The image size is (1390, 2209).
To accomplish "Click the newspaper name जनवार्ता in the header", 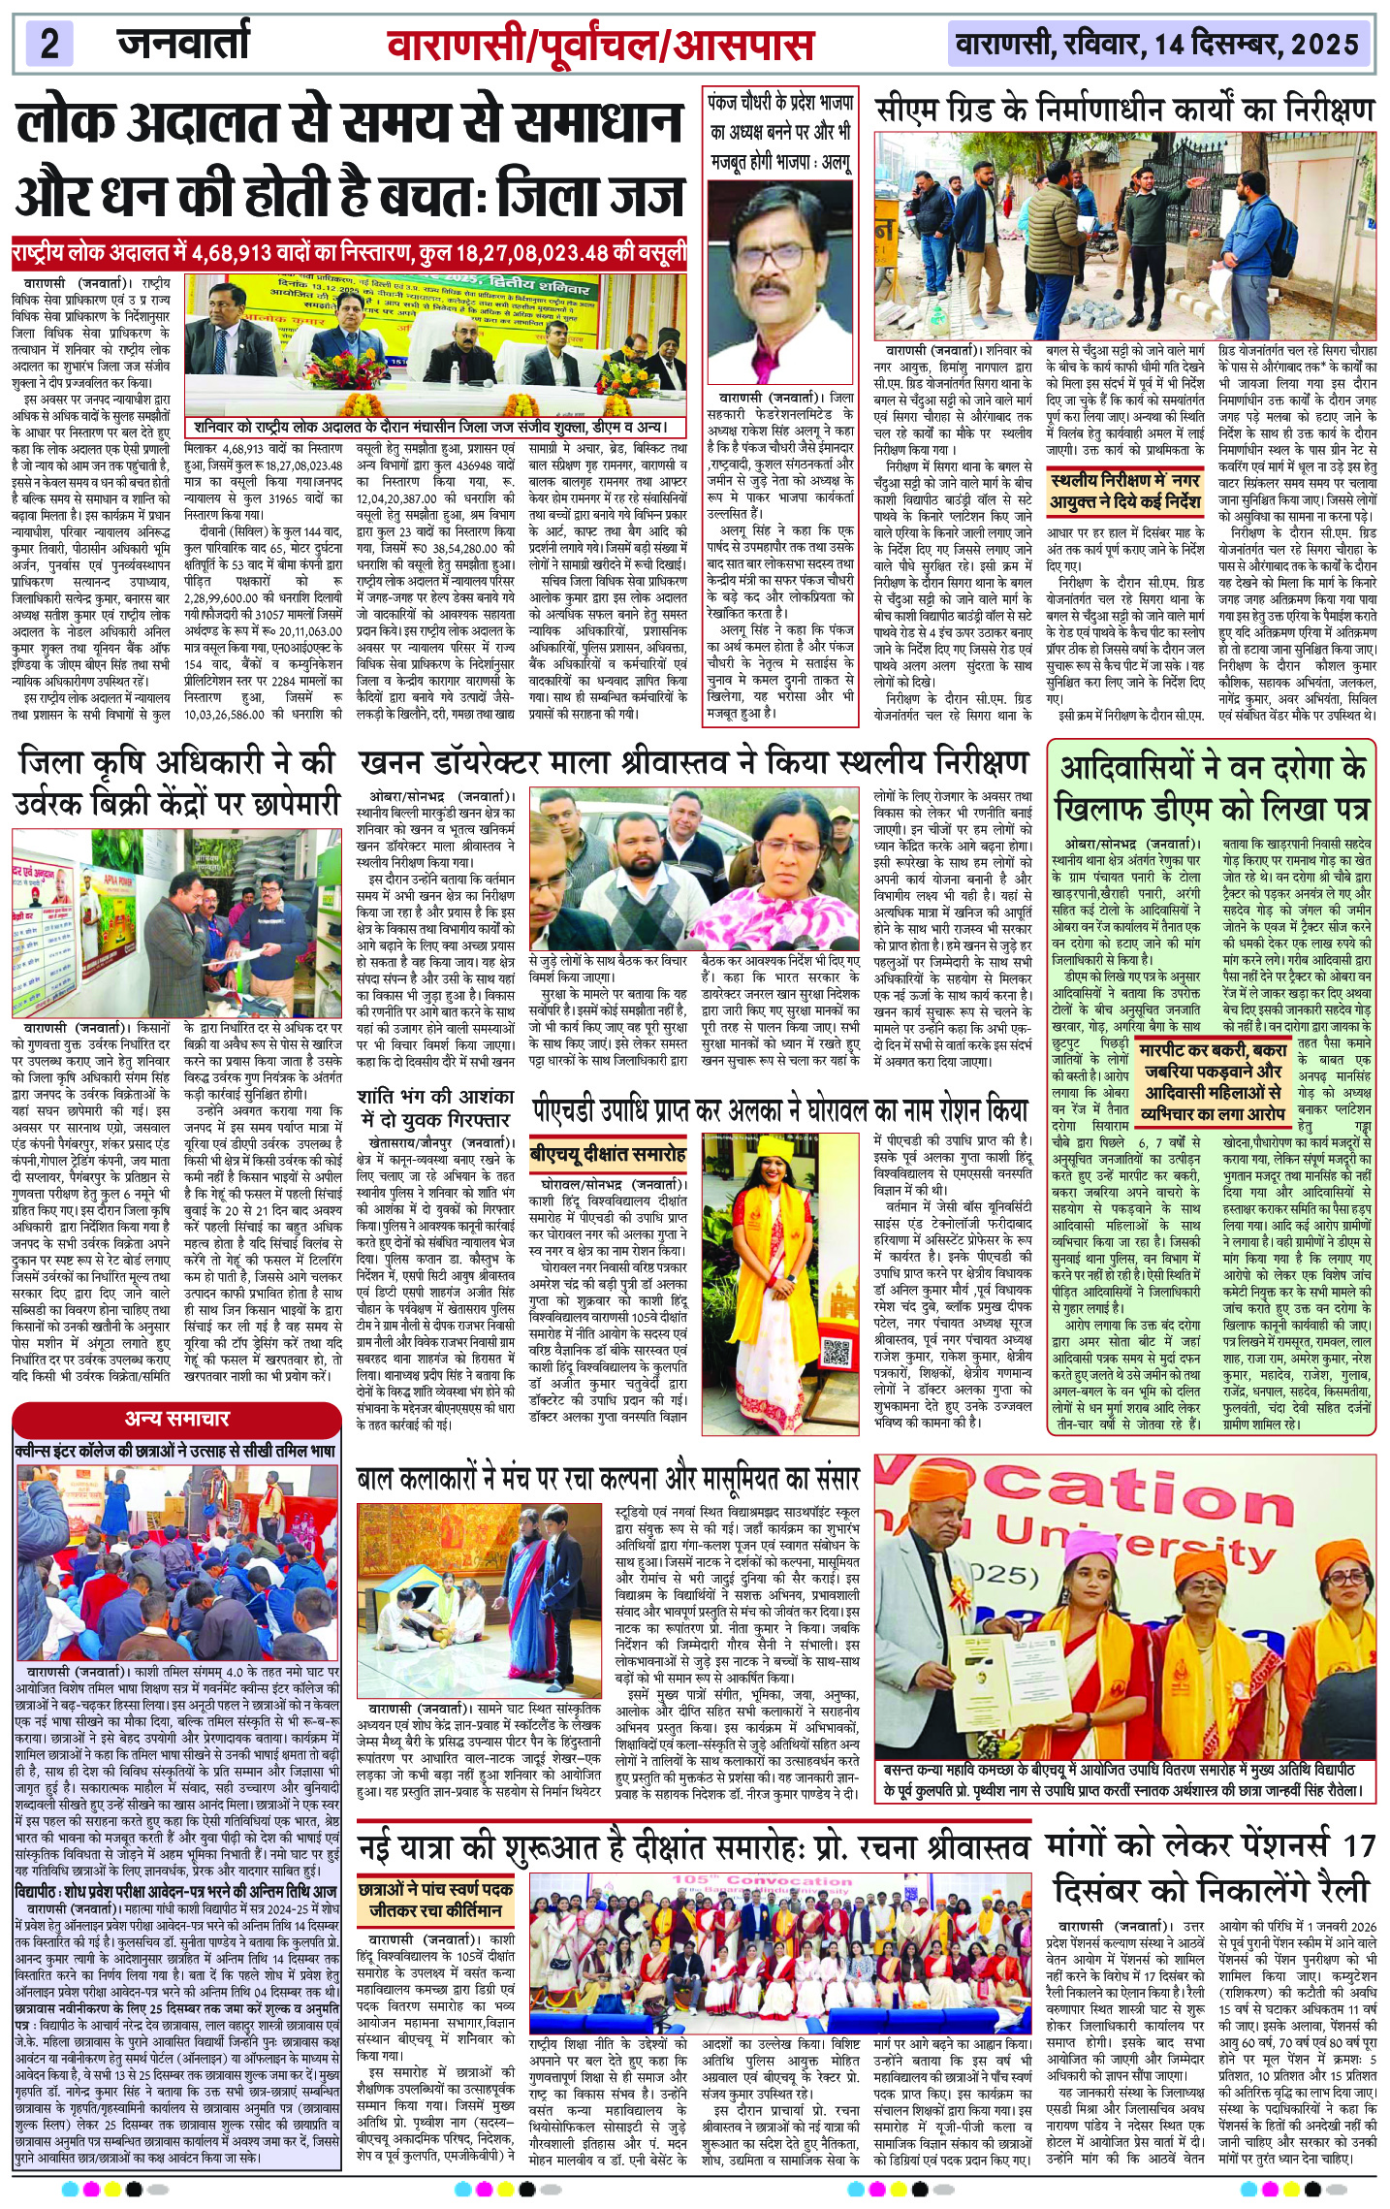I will tap(183, 45).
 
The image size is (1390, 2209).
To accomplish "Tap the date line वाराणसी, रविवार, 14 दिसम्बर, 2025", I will tap(1157, 46).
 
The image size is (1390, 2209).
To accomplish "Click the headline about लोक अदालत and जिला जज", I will tap(350, 162).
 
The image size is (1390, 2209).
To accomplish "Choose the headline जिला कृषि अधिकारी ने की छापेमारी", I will tap(175, 784).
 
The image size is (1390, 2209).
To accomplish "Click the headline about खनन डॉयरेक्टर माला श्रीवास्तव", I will tap(692, 761).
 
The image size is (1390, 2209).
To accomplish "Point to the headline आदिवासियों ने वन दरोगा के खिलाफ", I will tap(1211, 787).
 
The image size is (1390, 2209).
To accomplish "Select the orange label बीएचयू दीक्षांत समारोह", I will tap(608, 1154).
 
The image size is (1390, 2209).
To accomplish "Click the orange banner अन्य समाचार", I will tap(176, 1419).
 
